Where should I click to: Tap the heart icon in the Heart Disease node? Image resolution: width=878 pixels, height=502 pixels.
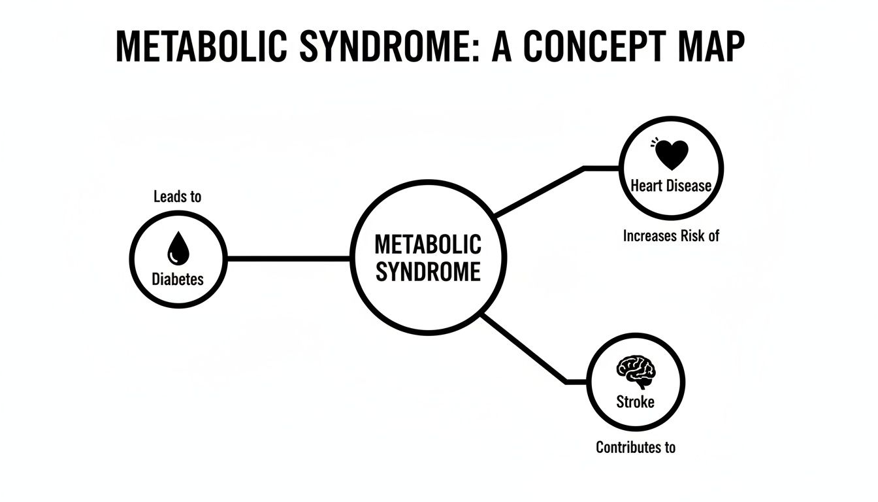[x=671, y=155]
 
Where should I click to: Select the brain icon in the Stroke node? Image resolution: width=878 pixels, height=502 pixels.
[x=635, y=371]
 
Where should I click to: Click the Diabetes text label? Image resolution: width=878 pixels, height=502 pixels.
[x=178, y=279]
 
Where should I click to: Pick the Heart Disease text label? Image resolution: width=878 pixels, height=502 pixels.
[x=671, y=186]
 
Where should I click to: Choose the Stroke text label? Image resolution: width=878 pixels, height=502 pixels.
[x=635, y=401]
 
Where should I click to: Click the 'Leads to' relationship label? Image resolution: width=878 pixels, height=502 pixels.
[x=178, y=196]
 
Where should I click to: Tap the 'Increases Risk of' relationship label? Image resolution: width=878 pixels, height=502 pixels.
[x=671, y=236]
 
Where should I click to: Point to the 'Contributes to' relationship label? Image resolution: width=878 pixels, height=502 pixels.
[x=635, y=448]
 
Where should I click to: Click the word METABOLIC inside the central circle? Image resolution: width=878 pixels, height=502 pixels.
[x=428, y=245]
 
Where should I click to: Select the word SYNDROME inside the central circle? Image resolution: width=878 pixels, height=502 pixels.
[x=428, y=271]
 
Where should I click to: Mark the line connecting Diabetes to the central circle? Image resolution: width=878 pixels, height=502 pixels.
[x=287, y=258]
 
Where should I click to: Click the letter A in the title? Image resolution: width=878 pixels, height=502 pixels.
[x=502, y=47]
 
